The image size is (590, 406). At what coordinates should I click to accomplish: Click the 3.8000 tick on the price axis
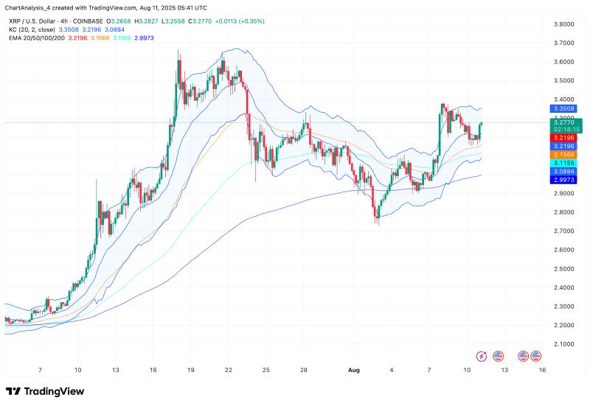[x=563, y=24]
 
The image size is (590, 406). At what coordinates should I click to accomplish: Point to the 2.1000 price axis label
[x=563, y=344]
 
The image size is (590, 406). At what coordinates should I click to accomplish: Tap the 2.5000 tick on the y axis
[x=563, y=269]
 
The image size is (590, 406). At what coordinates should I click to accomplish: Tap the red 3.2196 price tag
[x=563, y=138]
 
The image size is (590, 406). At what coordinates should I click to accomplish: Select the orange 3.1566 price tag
[x=563, y=154]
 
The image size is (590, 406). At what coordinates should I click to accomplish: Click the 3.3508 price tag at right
[x=563, y=108]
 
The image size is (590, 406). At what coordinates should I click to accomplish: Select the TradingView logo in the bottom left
[x=46, y=391]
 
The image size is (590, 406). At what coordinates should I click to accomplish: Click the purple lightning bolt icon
[x=482, y=356]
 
